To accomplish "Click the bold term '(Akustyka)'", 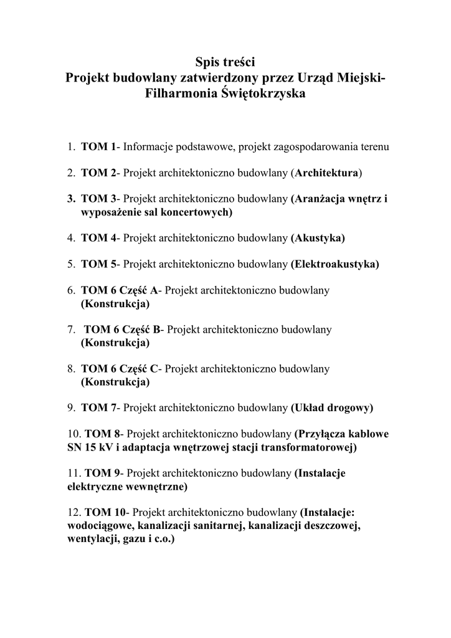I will [318, 237].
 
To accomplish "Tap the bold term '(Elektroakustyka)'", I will [335, 264].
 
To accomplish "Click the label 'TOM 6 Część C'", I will [120, 369].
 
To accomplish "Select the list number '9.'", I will [72, 408].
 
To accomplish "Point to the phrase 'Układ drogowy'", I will [332, 408].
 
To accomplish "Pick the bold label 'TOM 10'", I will [105, 513].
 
